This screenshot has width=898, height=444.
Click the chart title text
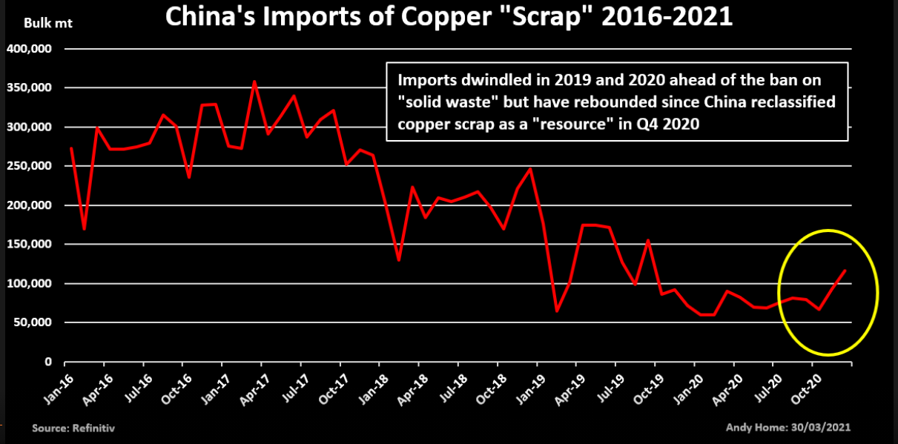[x=448, y=17]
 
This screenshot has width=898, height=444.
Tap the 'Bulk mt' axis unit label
[x=44, y=22]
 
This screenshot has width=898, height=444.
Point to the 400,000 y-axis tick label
[x=30, y=49]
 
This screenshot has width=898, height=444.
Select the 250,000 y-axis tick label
[x=30, y=166]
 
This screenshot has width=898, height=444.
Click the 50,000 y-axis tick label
[x=33, y=322]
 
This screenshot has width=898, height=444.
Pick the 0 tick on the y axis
[x=48, y=362]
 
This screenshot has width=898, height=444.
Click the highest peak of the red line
[x=254, y=82]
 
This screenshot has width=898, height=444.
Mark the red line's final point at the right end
[x=845, y=271]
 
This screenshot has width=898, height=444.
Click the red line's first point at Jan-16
[x=70, y=148]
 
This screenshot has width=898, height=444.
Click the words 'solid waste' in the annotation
[x=449, y=102]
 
